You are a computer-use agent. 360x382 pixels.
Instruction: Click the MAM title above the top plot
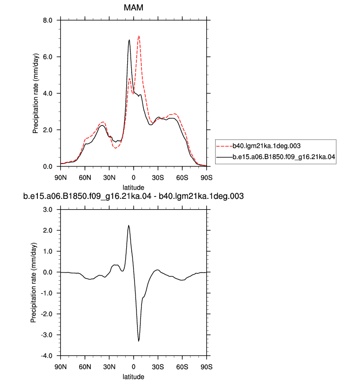pyautogui.click(x=133, y=7)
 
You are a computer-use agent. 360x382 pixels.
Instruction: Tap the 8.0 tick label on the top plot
pyautogui.click(x=48, y=20)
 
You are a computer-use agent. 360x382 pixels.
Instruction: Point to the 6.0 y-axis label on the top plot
pyautogui.click(x=48, y=57)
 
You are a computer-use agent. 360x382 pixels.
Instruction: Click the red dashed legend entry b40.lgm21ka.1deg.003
pyautogui.click(x=258, y=146)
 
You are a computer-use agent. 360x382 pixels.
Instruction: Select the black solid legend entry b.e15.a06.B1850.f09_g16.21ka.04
pyautogui.click(x=276, y=157)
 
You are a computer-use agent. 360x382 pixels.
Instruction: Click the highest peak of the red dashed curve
pyautogui.click(x=138, y=36)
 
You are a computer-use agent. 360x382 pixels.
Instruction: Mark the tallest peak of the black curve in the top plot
pyautogui.click(x=129, y=40)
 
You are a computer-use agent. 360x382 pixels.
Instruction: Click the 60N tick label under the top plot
pyautogui.click(x=85, y=178)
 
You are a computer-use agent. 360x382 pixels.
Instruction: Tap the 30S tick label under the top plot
pyautogui.click(x=158, y=178)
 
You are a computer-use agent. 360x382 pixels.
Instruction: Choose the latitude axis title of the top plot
pyautogui.click(x=133, y=188)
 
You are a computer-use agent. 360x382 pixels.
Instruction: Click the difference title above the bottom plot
pyautogui.click(x=133, y=196)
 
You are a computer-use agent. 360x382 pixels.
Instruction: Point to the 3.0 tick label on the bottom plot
pyautogui.click(x=48, y=210)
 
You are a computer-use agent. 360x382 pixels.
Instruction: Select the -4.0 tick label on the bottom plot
pyautogui.click(x=47, y=355)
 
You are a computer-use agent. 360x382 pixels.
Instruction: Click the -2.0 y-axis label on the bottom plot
pyautogui.click(x=47, y=314)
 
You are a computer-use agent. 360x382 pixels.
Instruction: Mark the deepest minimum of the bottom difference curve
pyautogui.click(x=138, y=341)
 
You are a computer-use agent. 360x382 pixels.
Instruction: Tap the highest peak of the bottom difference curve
pyautogui.click(x=129, y=225)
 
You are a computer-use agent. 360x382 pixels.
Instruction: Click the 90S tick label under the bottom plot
pyautogui.click(x=206, y=367)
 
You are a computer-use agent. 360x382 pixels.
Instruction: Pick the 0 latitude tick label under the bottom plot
pyautogui.click(x=133, y=367)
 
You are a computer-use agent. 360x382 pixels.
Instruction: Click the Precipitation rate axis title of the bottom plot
pyautogui.click(x=33, y=283)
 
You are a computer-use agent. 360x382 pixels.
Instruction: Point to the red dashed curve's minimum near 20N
pyautogui.click(x=115, y=148)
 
